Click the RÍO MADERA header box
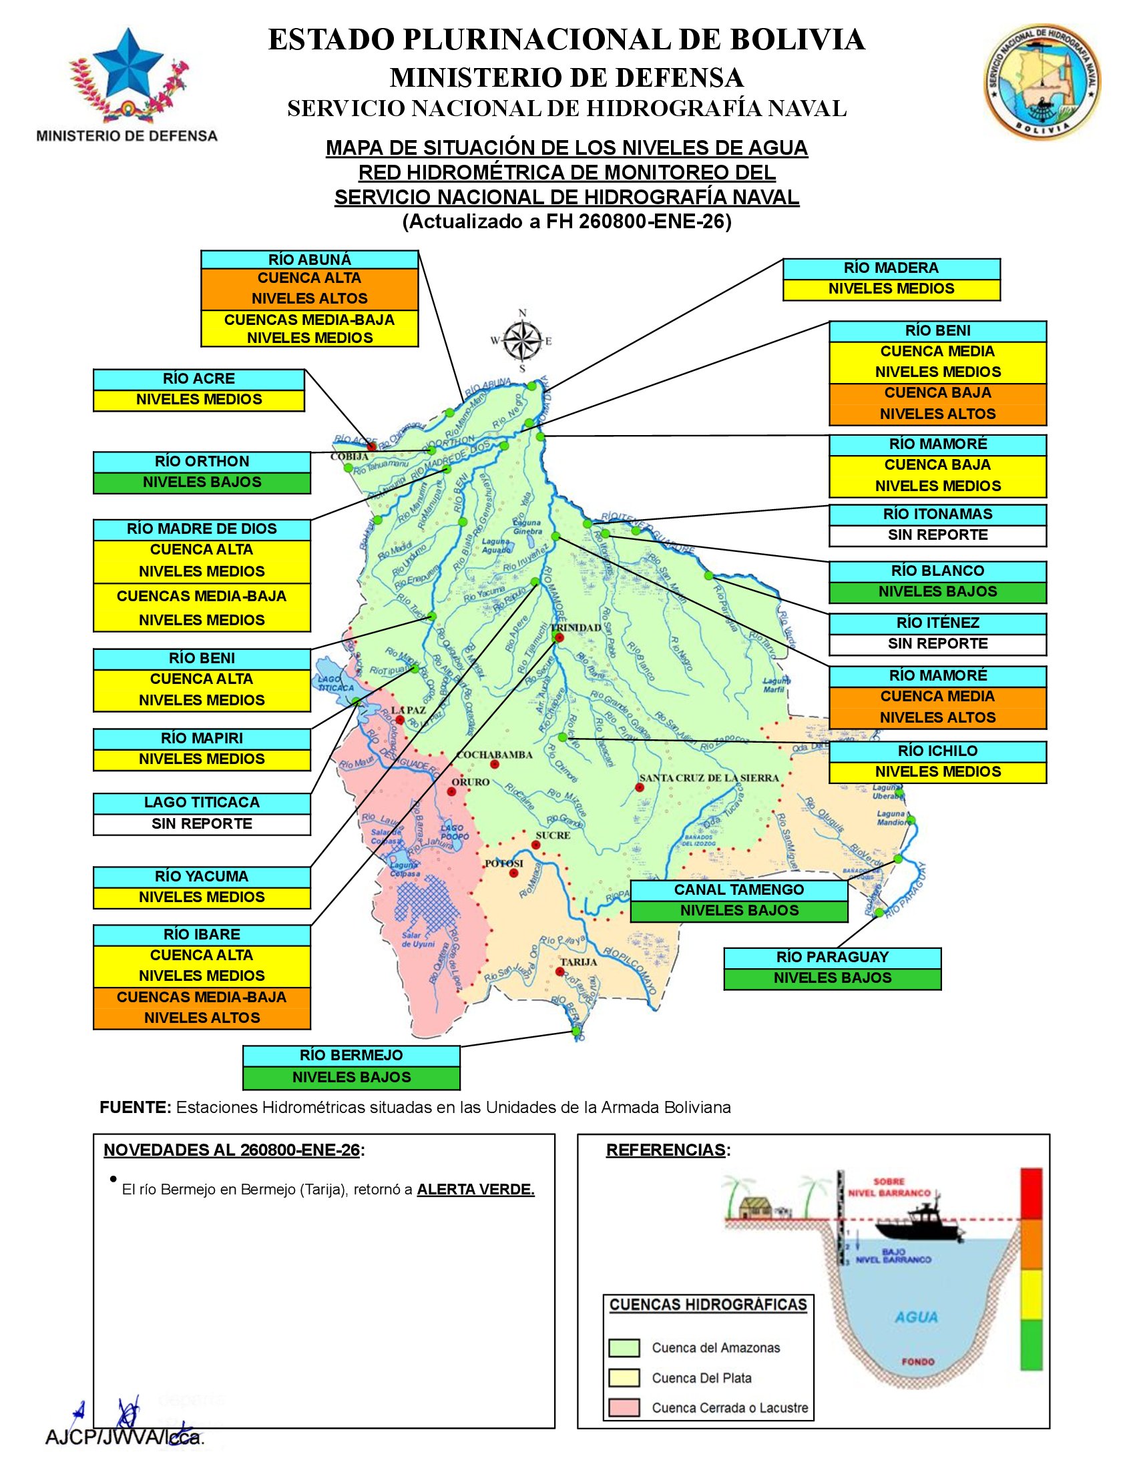pyautogui.click(x=891, y=268)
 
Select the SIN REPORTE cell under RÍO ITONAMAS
pyautogui.click(x=937, y=535)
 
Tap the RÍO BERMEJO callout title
pyautogui.click(x=351, y=1056)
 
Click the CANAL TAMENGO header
pyautogui.click(x=739, y=890)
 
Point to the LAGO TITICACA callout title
pyautogui.click(x=202, y=803)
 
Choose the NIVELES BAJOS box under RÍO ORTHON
pyautogui.click(x=202, y=482)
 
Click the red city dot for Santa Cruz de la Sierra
pyautogui.click(x=640, y=788)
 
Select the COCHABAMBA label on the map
pyautogui.click(x=494, y=755)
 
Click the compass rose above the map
pyautogui.click(x=523, y=341)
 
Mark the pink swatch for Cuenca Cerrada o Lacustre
pyautogui.click(x=624, y=1408)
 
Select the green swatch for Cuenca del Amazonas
pyautogui.click(x=624, y=1348)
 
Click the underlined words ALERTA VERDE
pyautogui.click(x=475, y=1190)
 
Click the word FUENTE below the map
pyautogui.click(x=135, y=1107)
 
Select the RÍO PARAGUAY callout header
pyautogui.click(x=832, y=957)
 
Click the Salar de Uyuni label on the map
pyautogui.click(x=418, y=940)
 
